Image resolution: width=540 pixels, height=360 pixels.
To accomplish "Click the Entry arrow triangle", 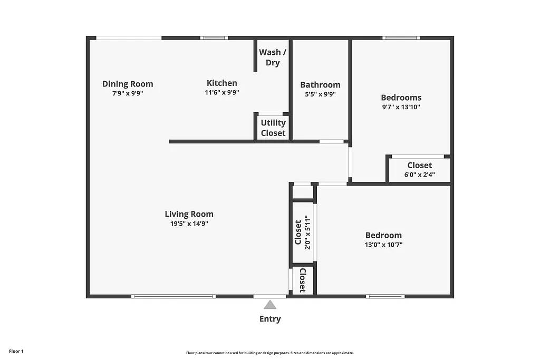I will pos(270,305).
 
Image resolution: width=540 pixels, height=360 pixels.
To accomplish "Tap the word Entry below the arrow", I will pos(270,319).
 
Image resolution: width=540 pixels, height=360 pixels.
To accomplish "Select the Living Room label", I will pos(189,214).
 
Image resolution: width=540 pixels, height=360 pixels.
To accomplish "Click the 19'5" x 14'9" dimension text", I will pos(189,223).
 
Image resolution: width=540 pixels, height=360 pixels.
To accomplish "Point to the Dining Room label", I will pos(128,84).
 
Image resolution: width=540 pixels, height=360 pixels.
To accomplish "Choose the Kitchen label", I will pos(221,83).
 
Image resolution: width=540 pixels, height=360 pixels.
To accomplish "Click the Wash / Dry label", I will pos(273,57).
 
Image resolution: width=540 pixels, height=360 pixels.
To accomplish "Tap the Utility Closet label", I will pos(273,128).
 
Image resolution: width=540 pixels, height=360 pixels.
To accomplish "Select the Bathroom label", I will pos(320,84).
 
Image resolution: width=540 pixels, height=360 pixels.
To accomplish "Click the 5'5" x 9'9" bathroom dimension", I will pos(320,94).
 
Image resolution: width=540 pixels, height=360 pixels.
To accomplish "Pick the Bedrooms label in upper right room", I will pos(401,98).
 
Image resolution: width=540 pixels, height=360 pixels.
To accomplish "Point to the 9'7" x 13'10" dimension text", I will pos(401,106).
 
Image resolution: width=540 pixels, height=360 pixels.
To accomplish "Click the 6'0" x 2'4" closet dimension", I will pos(419,175).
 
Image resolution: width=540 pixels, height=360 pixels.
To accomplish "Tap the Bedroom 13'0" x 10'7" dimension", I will pos(383,245).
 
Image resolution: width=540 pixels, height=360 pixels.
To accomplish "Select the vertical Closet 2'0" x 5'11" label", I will pos(303,232).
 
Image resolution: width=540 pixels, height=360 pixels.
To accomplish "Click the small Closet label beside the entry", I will pos(303,280).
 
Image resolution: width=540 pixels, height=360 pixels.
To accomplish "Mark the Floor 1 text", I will pos(16,351).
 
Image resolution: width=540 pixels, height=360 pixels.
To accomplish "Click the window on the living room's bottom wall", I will pos(173,296).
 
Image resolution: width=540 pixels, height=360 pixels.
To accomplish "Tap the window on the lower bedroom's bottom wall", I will pos(385,296).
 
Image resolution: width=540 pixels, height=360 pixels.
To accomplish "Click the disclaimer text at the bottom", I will pos(269,353).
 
